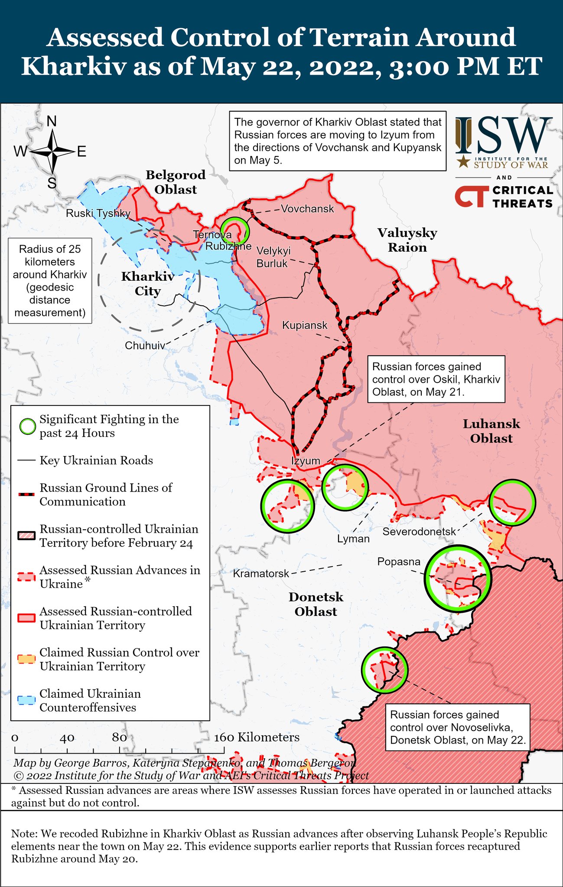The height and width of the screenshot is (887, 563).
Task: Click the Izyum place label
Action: coord(306,461)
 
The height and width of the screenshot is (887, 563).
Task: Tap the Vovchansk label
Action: coord(307,209)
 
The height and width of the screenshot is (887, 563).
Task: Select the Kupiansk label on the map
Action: coord(305,325)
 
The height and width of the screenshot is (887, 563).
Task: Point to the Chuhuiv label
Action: coord(145,346)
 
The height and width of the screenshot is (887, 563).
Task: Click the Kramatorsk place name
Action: coord(261,574)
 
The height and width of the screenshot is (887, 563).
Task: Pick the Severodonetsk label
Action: coord(419,531)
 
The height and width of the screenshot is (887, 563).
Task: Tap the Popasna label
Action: coord(399,562)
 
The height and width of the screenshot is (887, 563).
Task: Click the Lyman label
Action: coord(353,539)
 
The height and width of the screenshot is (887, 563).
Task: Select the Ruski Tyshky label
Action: coord(98,214)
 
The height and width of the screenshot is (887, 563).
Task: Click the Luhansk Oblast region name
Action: coord(491,431)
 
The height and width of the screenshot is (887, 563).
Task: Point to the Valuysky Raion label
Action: coord(407,240)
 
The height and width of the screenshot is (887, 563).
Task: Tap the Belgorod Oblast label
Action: coord(176,182)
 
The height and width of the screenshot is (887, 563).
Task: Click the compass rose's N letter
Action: coord(52,122)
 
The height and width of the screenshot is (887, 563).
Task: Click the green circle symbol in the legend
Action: coord(28,427)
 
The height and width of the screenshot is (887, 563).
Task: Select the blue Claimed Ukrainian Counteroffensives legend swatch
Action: coord(26,700)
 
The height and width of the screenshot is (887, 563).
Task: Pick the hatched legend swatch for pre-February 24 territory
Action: coord(26,536)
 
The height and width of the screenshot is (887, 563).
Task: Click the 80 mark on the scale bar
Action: coord(119,738)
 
